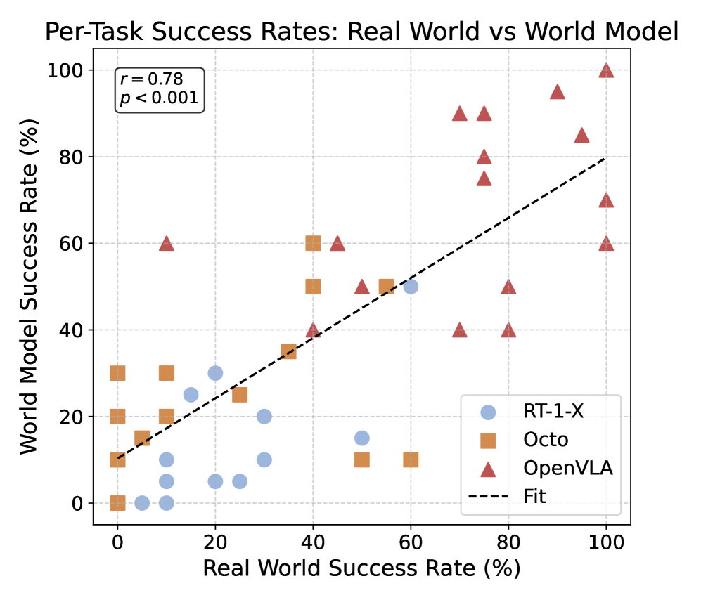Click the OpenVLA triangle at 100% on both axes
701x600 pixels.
(x=606, y=70)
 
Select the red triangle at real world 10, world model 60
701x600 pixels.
(x=166, y=243)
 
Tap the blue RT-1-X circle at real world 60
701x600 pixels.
(x=411, y=286)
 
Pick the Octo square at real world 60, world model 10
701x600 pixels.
(x=411, y=459)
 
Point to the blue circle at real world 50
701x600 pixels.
(x=362, y=438)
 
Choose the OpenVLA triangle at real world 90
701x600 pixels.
(x=558, y=91)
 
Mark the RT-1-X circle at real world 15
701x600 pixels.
(x=191, y=395)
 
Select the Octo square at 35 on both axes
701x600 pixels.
(x=288, y=351)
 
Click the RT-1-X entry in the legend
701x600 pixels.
(x=548, y=412)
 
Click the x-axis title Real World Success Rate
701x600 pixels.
(x=362, y=568)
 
